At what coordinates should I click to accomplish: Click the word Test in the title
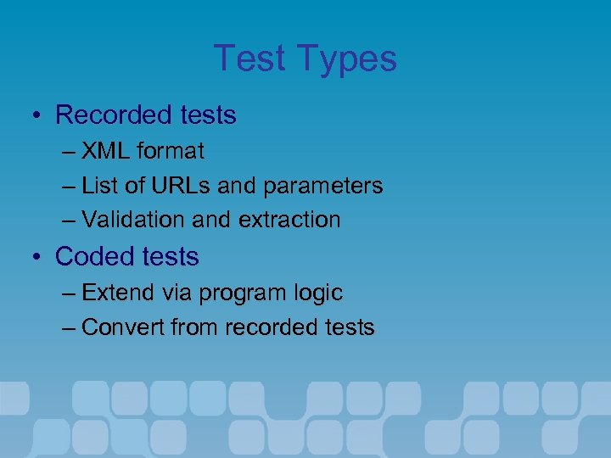tap(251, 59)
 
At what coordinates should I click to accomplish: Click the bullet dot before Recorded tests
tap(39, 114)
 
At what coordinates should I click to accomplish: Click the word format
tap(171, 151)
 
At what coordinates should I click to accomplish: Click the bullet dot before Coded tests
tap(39, 256)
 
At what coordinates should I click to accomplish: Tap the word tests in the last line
tap(350, 327)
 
